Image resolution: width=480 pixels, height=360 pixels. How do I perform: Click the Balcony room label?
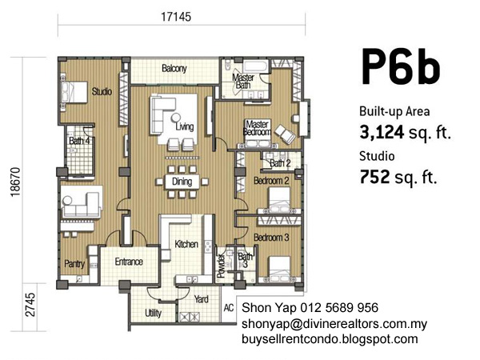point(174,68)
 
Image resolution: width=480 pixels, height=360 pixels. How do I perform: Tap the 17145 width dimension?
point(176,17)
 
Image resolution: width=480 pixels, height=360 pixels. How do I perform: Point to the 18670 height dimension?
point(15,182)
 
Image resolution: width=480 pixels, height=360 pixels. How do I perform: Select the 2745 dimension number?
point(30,305)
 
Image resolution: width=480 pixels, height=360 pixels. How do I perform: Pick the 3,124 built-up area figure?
point(382,133)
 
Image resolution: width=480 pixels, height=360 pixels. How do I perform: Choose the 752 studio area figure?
point(374,177)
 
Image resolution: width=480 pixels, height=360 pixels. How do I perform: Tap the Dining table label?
point(182,182)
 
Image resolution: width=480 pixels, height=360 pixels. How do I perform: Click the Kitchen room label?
point(186,244)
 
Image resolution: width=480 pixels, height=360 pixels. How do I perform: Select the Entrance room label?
point(129,262)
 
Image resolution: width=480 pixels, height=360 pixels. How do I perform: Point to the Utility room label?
point(153,313)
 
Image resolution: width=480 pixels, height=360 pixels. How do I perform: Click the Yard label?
point(201,299)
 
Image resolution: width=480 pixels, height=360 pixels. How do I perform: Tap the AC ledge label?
point(229,308)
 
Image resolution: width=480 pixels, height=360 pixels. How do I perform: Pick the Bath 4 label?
point(79,141)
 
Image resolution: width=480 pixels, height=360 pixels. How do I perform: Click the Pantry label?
point(74,263)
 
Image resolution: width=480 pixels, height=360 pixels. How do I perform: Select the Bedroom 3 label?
point(271,238)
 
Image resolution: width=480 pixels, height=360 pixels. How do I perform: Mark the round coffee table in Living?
point(176,118)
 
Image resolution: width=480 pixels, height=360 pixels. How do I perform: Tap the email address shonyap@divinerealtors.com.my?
point(334,324)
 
